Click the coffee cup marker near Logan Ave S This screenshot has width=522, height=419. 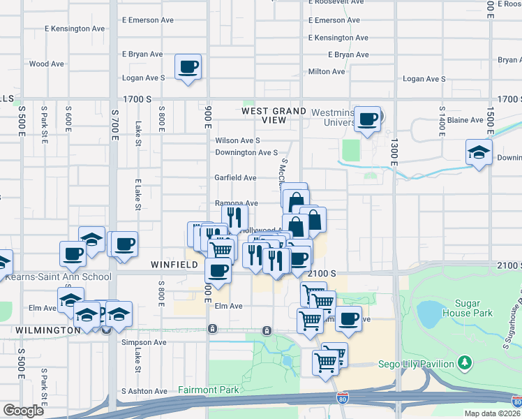[188, 67]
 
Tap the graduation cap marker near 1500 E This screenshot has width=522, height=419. [479, 152]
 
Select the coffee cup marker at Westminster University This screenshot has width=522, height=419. [368, 118]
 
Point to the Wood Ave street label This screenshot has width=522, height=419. [46, 64]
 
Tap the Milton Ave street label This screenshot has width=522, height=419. [327, 71]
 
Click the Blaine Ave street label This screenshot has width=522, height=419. [465, 120]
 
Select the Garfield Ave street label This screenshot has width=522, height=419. [235, 178]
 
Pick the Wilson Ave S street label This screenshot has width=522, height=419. [237, 140]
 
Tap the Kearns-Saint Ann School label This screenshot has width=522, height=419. [58, 277]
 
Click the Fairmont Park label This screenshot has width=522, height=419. [209, 390]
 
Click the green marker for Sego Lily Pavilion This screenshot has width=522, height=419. [464, 362]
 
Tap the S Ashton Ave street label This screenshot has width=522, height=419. [144, 391]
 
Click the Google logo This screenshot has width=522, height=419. [24, 410]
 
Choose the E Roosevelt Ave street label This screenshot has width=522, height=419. [336, 2]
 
